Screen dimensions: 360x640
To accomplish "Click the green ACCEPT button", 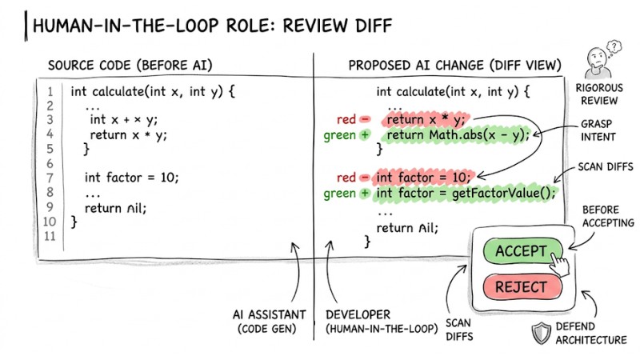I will [520, 251].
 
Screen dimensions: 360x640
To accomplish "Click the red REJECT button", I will [521, 287].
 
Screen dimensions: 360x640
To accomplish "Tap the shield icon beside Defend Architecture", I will [542, 332].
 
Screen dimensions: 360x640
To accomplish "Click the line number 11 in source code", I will [50, 236].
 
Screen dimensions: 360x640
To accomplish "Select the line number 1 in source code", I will [50, 91].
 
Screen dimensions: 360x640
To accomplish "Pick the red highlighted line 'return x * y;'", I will [424, 120].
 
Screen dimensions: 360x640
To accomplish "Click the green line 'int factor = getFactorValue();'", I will [465, 193].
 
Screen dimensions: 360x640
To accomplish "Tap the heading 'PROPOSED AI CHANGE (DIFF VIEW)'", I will [454, 65].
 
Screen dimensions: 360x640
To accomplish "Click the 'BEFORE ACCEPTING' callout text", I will [607, 216].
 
